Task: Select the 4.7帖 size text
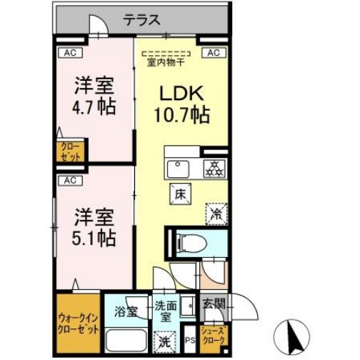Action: pos(96,108)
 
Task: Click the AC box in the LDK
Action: pos(213,52)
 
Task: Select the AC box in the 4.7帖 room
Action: pos(71,52)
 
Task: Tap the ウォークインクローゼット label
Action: pos(79,325)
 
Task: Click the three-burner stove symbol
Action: pos(213,169)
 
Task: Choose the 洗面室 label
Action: pos(165,312)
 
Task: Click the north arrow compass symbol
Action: pos(295,333)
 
